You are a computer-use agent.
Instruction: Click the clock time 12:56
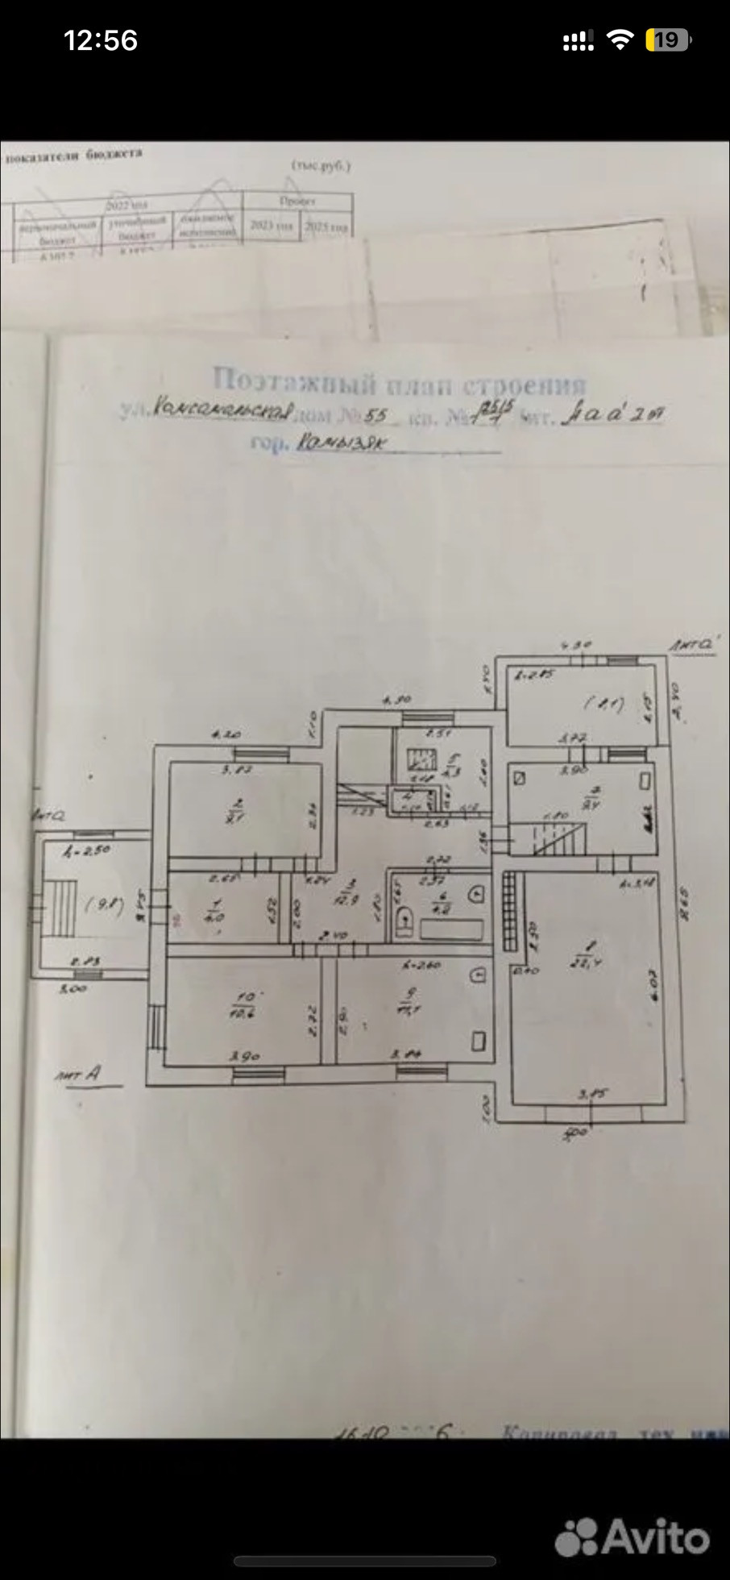point(101,40)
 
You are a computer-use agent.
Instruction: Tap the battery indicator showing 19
point(668,40)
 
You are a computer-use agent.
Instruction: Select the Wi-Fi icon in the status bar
point(619,40)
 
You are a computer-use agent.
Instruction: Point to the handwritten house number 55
point(376,416)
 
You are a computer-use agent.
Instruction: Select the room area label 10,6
point(242,1013)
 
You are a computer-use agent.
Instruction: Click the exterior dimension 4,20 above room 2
point(226,734)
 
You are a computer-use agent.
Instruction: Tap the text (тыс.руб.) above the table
point(321,166)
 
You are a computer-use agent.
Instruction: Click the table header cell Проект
point(297,201)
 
